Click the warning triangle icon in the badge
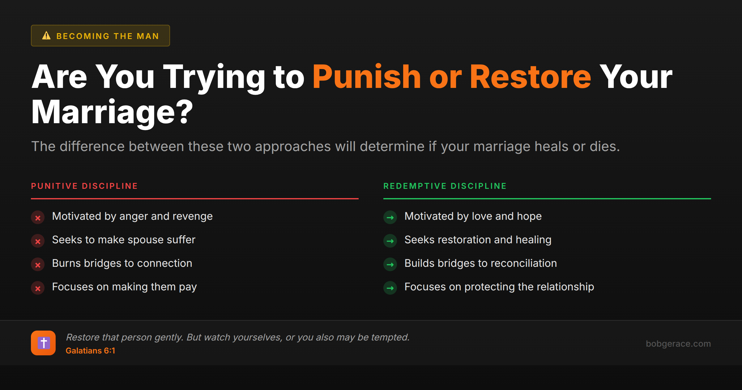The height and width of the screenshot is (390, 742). pyautogui.click(x=46, y=36)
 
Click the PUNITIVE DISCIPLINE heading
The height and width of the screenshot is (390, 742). pyautogui.click(x=84, y=186)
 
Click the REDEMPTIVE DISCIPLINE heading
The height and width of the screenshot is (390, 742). pyautogui.click(x=445, y=186)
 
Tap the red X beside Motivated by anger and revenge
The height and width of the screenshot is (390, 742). pyautogui.click(x=38, y=218)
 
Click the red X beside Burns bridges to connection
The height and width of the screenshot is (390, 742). pyautogui.click(x=38, y=265)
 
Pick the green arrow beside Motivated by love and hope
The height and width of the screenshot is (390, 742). pyautogui.click(x=390, y=218)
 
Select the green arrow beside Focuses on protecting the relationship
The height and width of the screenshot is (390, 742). pyautogui.click(x=390, y=288)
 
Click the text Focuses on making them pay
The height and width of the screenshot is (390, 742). pyautogui.click(x=124, y=287)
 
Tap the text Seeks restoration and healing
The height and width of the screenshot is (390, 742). pyautogui.click(x=478, y=240)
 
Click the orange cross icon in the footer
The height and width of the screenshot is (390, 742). pyautogui.click(x=43, y=343)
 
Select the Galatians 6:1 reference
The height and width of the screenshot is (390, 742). pyautogui.click(x=90, y=351)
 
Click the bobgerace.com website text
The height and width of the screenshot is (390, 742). pyautogui.click(x=678, y=344)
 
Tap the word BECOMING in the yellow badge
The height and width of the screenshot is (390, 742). pyautogui.click(x=83, y=36)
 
